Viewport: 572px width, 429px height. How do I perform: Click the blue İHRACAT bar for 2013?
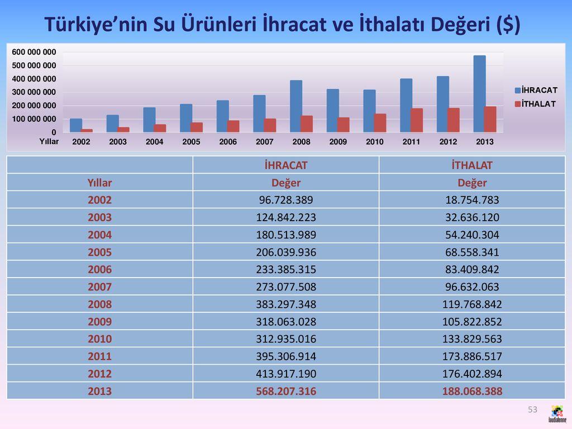click(479, 94)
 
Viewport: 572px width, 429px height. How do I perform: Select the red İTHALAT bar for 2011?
click(417, 120)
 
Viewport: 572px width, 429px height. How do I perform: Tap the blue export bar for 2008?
click(296, 106)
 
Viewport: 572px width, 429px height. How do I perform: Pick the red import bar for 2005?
click(197, 127)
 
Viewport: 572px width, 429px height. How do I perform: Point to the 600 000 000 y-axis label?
click(34, 52)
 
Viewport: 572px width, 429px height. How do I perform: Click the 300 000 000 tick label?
click(34, 92)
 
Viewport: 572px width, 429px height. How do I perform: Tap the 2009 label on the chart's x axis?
click(338, 142)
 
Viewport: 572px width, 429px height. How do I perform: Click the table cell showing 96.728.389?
click(286, 200)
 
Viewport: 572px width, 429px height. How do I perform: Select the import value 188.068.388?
click(472, 392)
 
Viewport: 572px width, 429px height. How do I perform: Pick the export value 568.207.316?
click(286, 392)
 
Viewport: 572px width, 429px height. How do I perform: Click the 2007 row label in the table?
click(99, 287)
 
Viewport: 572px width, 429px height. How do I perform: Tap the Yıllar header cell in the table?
click(99, 183)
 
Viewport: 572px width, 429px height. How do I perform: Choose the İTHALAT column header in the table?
click(472, 165)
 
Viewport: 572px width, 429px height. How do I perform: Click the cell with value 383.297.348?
click(286, 304)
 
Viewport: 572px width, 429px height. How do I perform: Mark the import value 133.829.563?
click(472, 339)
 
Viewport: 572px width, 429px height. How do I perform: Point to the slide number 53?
click(532, 410)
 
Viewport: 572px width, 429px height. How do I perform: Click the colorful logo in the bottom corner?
click(556, 414)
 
